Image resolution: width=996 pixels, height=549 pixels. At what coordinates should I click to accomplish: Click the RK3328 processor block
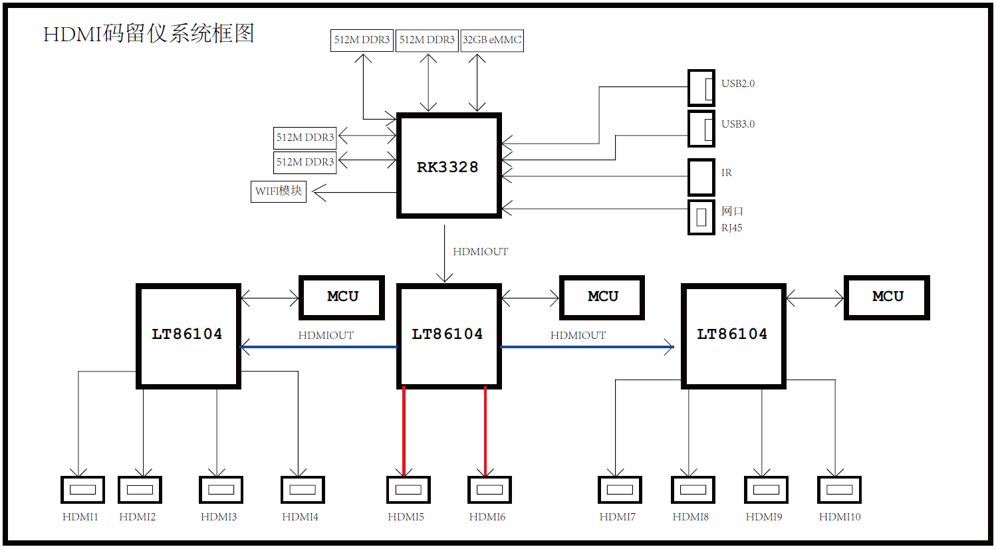449,165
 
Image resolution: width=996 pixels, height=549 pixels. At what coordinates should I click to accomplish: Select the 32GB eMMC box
492,40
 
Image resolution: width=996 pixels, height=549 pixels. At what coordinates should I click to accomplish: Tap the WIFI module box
279,191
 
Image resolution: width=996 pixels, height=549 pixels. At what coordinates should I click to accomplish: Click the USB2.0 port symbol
701,88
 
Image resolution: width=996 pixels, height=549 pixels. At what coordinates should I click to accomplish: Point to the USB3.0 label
738,124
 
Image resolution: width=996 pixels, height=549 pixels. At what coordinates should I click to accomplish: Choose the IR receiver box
701,177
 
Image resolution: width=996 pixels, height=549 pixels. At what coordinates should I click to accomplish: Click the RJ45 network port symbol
701,217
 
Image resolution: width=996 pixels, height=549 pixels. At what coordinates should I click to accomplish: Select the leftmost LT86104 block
188,336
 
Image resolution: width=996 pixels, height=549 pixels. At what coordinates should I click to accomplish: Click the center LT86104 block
449,336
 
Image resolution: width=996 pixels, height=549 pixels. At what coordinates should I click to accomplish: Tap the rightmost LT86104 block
733,336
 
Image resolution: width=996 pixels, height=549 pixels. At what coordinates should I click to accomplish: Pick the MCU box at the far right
886,297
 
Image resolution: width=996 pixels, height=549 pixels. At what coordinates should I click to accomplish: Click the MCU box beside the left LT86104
342,297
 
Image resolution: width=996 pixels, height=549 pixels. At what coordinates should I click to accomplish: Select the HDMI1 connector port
82,490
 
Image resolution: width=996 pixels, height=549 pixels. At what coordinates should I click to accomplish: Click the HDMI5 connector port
408,490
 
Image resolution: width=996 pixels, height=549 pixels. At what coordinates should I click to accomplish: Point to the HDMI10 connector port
839,490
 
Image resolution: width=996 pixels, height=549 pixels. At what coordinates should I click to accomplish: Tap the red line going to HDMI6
485,432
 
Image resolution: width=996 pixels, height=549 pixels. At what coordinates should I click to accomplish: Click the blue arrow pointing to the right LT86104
585,347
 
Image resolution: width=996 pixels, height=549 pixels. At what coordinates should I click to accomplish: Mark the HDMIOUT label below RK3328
480,252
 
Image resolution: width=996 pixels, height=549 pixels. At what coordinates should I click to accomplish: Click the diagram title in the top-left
149,33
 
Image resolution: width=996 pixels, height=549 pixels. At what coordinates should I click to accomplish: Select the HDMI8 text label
690,517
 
